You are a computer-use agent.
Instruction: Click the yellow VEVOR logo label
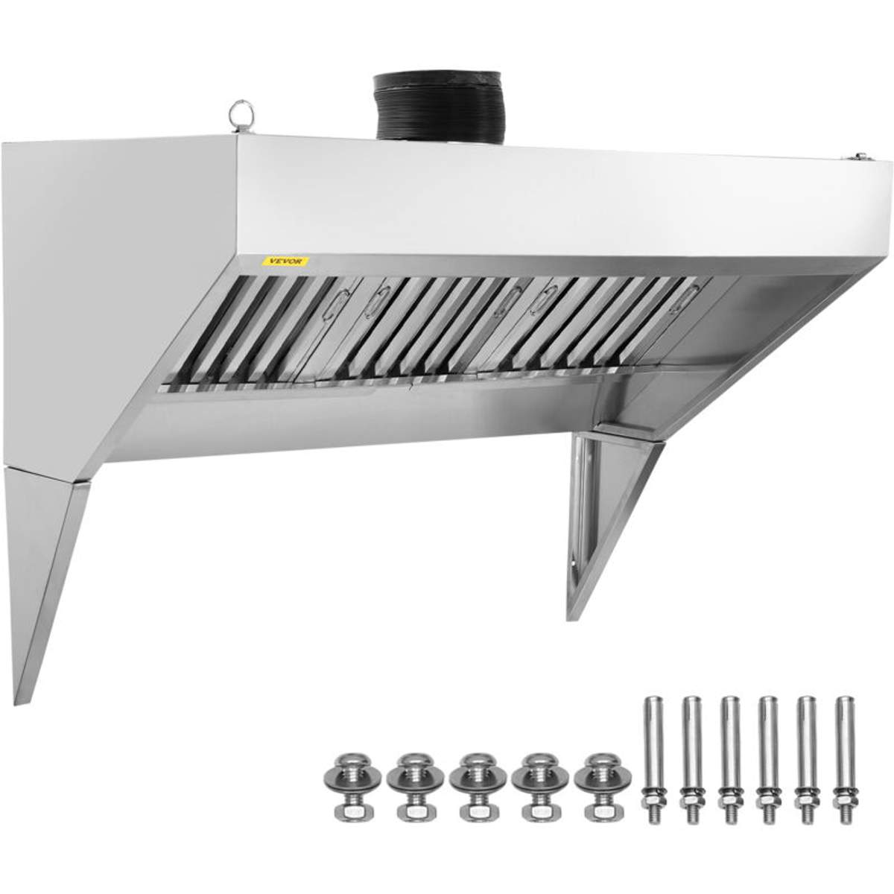click(285, 261)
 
